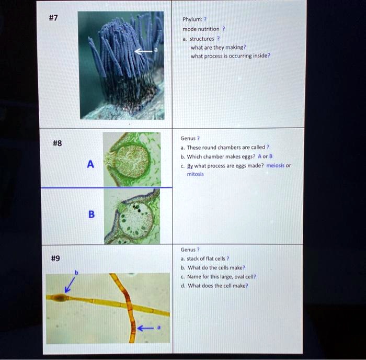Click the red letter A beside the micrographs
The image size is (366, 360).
[x=90, y=164]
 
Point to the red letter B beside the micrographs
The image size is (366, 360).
[x=91, y=215]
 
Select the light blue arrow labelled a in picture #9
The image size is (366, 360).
[x=148, y=328]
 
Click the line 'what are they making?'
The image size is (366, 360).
[x=214, y=47]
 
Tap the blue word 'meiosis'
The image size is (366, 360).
[x=276, y=166]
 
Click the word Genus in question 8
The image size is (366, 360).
[x=188, y=139]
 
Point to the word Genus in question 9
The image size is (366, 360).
[x=188, y=250]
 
